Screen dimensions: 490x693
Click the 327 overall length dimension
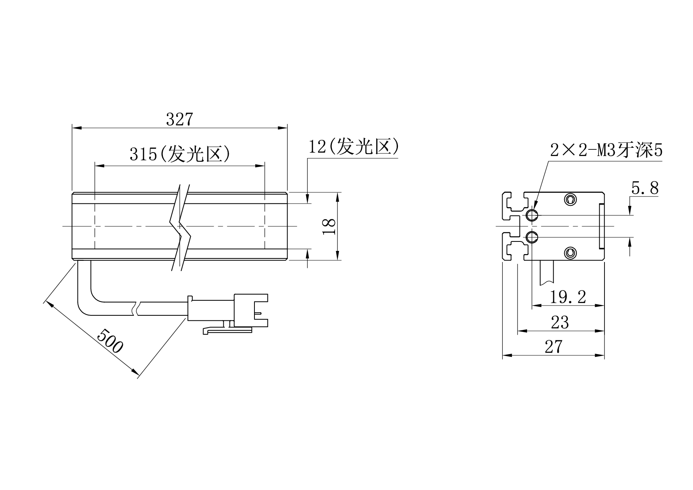point(179,119)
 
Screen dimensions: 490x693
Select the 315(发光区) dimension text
point(180,154)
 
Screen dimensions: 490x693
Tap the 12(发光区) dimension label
point(354,147)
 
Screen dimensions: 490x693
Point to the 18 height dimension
point(330,226)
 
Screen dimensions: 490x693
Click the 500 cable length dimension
point(110,341)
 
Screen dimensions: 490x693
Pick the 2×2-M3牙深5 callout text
point(606,151)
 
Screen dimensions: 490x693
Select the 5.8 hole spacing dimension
point(645,188)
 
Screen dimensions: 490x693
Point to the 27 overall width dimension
point(553,347)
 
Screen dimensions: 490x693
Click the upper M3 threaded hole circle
point(532,215)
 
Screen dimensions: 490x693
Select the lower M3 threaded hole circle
point(532,237)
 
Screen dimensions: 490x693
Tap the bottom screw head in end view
point(570,253)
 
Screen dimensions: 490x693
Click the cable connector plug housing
point(250,310)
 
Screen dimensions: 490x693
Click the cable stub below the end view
point(547,273)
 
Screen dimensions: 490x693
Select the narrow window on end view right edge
point(601,226)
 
